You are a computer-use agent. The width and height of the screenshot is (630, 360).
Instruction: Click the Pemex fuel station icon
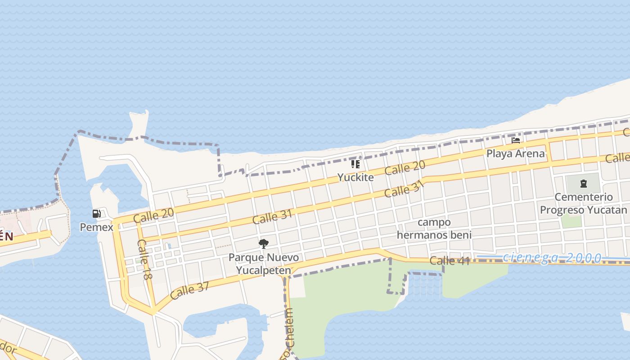point(97,214)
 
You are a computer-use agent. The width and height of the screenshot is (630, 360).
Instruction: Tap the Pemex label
point(97,227)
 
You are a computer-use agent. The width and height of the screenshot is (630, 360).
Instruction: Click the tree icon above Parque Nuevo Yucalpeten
point(264,244)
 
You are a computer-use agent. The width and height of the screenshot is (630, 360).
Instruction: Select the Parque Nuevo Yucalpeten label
point(264,264)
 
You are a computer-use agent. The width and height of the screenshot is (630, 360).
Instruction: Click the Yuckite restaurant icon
point(355,164)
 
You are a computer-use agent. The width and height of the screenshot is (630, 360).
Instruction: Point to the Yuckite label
point(355,177)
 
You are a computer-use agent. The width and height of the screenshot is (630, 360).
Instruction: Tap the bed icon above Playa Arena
point(516,140)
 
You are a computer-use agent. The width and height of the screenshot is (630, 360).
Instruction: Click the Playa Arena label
point(516,154)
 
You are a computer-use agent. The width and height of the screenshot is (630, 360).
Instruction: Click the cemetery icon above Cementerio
point(583,184)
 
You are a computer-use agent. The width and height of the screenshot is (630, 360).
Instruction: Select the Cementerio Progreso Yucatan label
point(583,203)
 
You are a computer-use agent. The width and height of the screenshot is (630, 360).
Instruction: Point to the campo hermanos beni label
point(434,229)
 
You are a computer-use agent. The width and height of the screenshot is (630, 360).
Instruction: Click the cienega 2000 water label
point(552,258)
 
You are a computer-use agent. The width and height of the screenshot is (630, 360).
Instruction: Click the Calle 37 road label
point(190,291)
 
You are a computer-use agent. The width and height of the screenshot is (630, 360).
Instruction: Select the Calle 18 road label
point(144,259)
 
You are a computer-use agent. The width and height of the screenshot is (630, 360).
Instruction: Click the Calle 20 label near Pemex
point(154,216)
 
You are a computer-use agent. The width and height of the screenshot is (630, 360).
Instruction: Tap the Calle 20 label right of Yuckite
point(405,169)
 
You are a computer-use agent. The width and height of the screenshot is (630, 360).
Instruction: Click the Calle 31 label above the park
point(272,217)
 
